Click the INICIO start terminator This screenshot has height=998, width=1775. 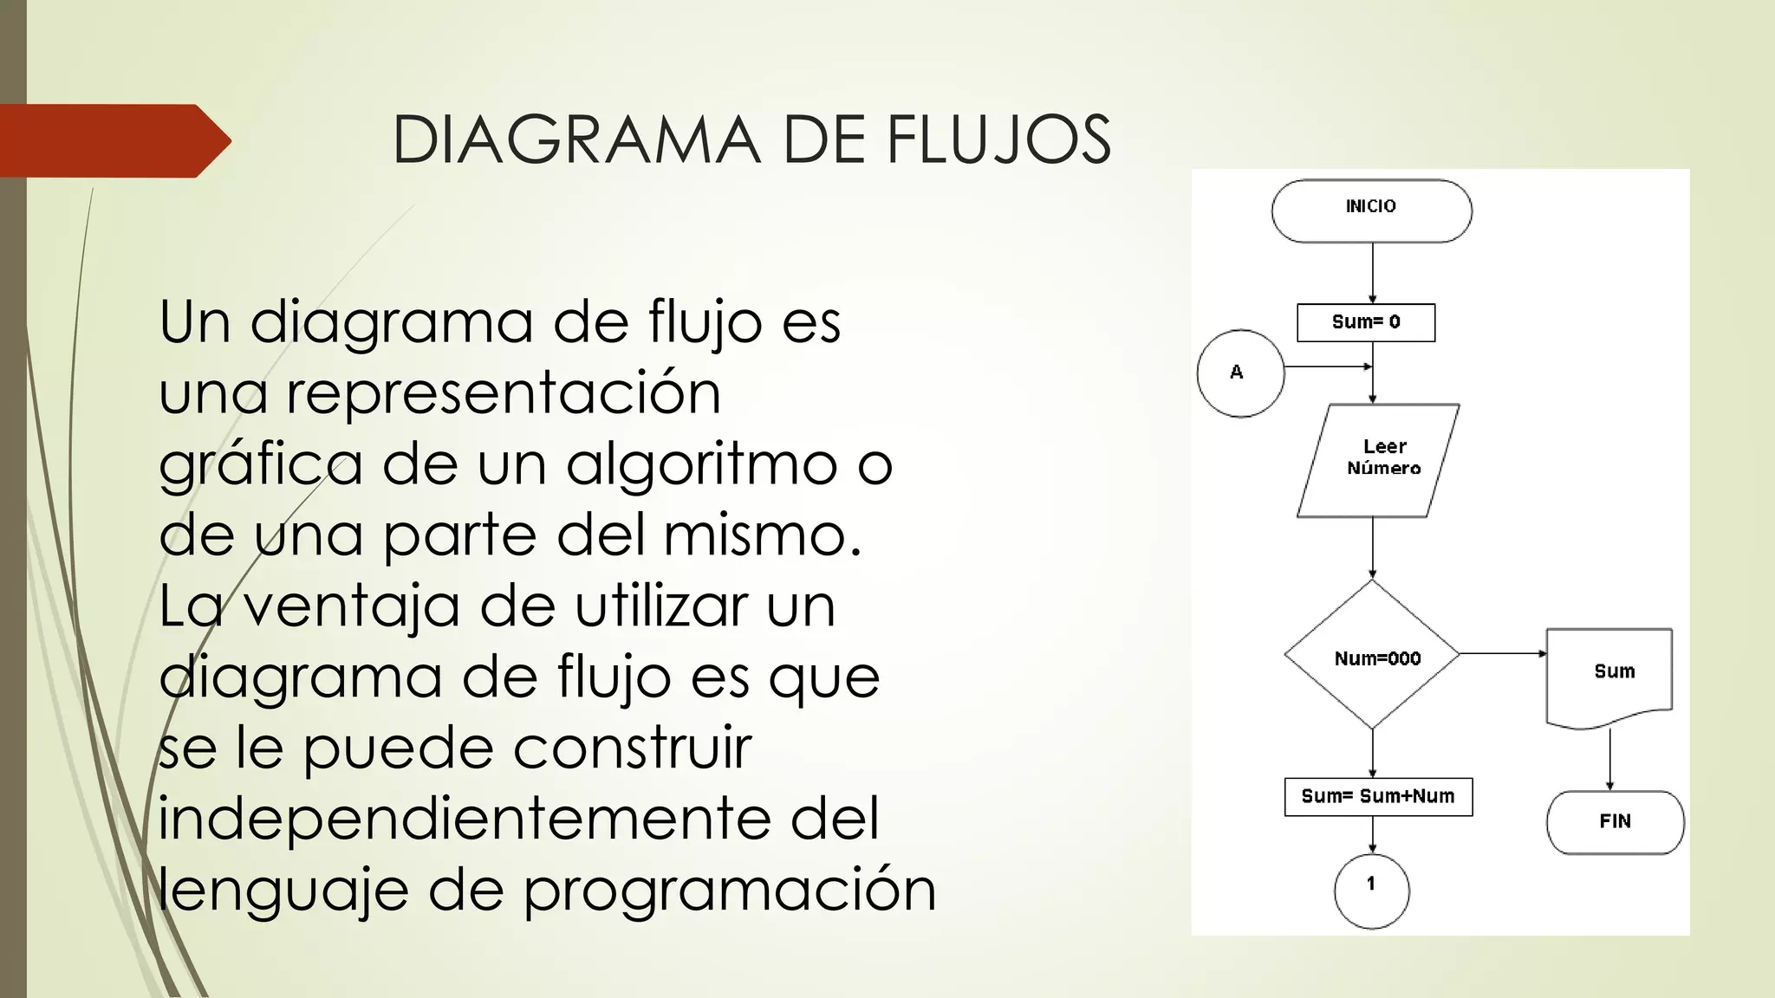click(x=1371, y=211)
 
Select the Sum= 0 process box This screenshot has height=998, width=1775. click(x=1366, y=322)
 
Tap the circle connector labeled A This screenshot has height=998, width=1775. click(x=1240, y=373)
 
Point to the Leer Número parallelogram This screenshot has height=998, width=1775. click(x=1378, y=460)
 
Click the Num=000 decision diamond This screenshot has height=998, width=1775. click(x=1372, y=656)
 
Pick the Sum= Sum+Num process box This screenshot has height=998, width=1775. click(x=1378, y=797)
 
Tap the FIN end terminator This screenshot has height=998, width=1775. click(x=1616, y=822)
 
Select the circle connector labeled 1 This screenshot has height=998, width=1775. click(x=1372, y=891)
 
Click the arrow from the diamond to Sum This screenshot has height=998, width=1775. click(x=1502, y=654)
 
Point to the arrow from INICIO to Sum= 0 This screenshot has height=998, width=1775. click(x=1373, y=272)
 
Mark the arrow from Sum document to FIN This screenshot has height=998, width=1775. click(x=1610, y=759)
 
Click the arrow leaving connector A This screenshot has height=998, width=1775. click(x=1326, y=366)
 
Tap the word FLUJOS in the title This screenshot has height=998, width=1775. click(x=998, y=139)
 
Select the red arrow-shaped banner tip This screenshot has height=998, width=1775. click(x=212, y=140)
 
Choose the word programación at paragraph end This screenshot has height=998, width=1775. click(x=730, y=891)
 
